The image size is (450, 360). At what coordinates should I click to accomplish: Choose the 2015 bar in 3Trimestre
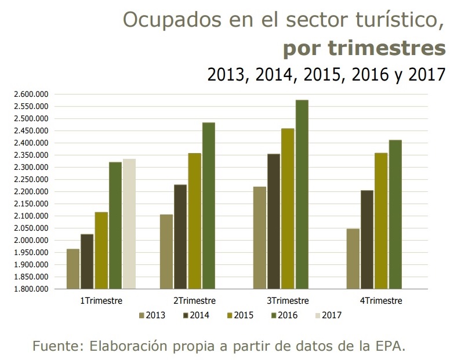pos(288,209)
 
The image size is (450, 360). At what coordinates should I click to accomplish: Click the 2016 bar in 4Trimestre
pos(395,214)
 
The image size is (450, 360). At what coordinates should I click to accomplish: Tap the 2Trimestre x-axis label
pos(194,301)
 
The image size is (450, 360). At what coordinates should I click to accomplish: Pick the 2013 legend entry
pos(152,315)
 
